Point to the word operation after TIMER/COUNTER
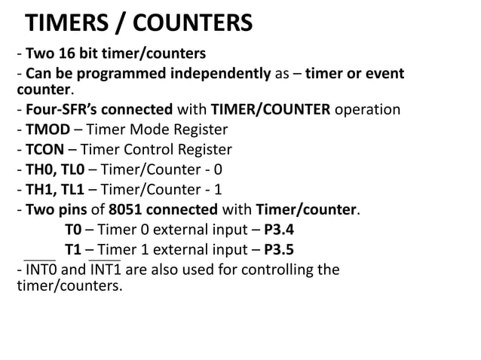(367, 109)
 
